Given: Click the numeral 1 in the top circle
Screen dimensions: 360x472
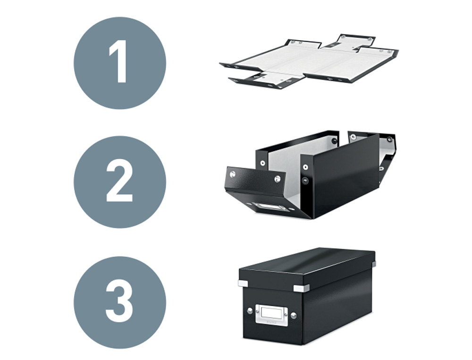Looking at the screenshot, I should [118, 62].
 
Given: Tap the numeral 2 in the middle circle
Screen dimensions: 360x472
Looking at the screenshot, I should [119, 182].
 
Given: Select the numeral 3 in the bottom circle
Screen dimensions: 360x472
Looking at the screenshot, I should [119, 302].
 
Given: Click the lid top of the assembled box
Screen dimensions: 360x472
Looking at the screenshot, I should [307, 265].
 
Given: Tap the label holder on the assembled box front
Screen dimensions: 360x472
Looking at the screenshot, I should [271, 313].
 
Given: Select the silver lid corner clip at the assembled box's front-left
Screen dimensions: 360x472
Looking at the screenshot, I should [244, 283].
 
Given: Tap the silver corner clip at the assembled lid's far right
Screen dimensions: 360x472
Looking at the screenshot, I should [373, 266].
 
